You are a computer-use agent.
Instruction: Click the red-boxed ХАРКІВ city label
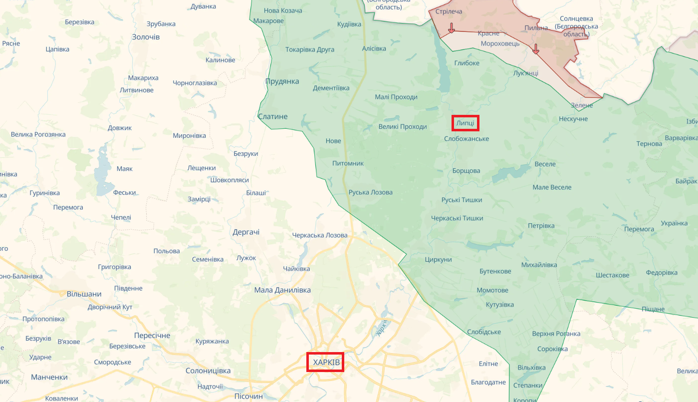tap(326, 362)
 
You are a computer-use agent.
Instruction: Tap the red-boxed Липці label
tap(465, 123)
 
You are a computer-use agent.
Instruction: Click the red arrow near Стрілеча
tap(452, 28)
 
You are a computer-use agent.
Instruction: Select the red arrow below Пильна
tap(536, 48)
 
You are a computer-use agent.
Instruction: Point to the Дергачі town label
tap(246, 232)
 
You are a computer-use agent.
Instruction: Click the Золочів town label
tap(146, 37)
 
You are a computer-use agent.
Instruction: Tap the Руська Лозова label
tap(371, 192)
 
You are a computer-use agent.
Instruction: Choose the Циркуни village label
tap(438, 260)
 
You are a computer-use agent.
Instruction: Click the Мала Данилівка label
tap(282, 290)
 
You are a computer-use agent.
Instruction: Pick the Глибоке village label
tap(466, 63)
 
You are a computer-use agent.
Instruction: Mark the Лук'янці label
tap(526, 73)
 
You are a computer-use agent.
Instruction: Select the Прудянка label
tap(282, 81)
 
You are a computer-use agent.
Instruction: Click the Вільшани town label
tap(84, 294)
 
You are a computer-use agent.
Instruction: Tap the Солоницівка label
tap(208, 371)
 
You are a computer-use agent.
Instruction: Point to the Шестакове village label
tap(613, 275)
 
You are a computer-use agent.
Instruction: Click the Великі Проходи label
tap(403, 127)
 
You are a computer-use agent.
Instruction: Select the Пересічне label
tap(152, 336)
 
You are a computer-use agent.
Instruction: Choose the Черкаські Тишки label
tap(458, 218)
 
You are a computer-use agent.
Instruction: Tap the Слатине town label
tap(273, 116)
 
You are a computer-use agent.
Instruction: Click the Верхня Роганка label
tap(556, 334)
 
